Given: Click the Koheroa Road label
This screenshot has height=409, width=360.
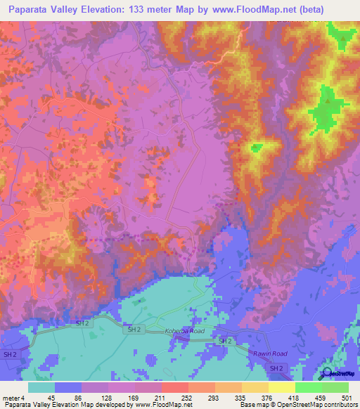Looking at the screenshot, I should (x=185, y=330).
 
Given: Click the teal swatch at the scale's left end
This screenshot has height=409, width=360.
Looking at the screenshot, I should (x=41, y=387).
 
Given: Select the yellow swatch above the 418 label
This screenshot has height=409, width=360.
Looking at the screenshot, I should (x=281, y=387).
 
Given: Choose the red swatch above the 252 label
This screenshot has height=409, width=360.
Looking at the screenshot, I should (x=174, y=387).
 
